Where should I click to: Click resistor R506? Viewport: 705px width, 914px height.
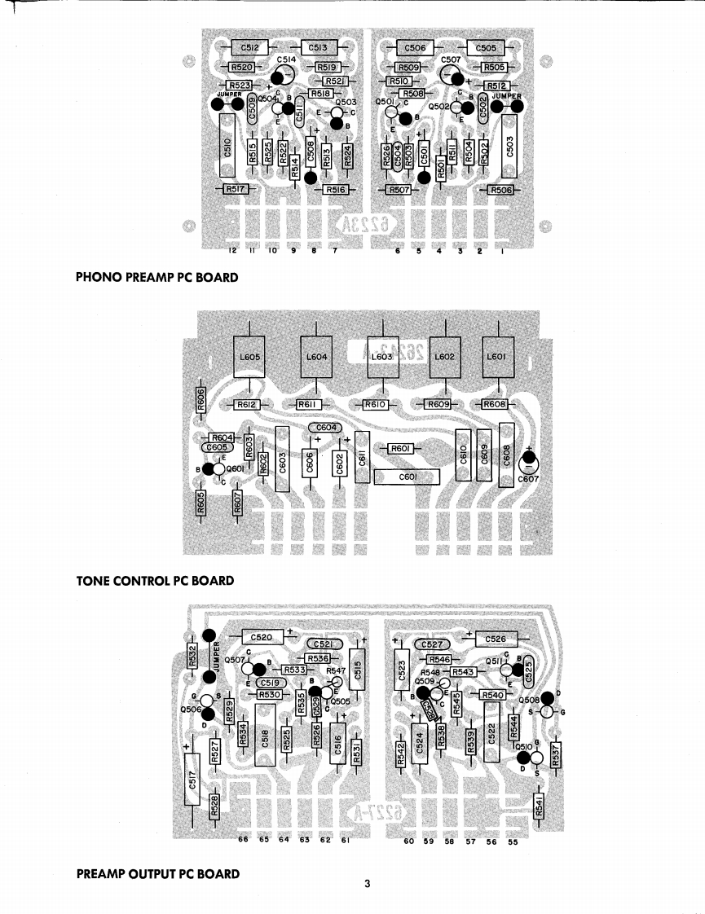500,190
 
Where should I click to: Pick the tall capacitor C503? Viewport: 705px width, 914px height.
510,146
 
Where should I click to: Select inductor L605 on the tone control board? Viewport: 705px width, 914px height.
249,357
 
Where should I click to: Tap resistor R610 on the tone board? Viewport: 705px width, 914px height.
373,404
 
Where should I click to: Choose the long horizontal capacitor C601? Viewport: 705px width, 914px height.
406,476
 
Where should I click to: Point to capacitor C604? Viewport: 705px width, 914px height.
324,428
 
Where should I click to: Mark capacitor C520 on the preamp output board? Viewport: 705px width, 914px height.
261,638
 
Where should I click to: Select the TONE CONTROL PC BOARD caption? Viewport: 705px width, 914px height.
155,581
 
